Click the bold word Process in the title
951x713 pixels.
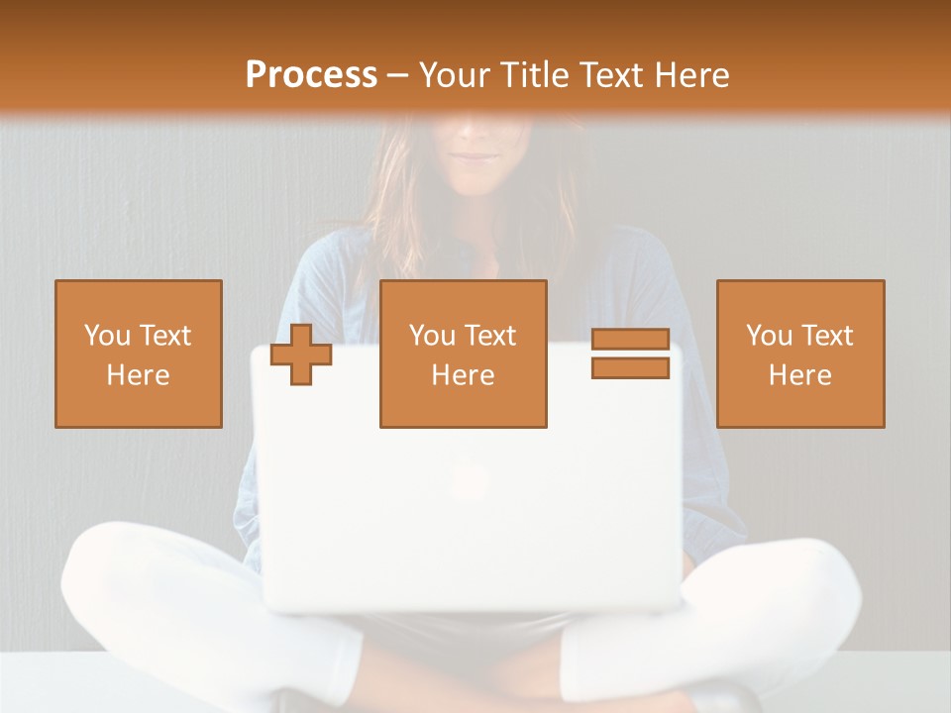(311, 75)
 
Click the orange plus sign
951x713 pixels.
(301, 354)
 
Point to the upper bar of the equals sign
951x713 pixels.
(630, 339)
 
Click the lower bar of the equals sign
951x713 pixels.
(630, 367)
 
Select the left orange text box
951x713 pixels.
(139, 354)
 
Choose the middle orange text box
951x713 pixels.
(464, 354)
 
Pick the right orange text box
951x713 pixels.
(800, 354)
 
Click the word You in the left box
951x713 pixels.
(106, 336)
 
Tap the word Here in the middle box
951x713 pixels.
(464, 375)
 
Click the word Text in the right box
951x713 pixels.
(829, 336)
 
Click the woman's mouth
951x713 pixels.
(478, 155)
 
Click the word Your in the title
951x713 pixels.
(457, 75)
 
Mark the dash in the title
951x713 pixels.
(398, 76)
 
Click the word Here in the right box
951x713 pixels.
(800, 375)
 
